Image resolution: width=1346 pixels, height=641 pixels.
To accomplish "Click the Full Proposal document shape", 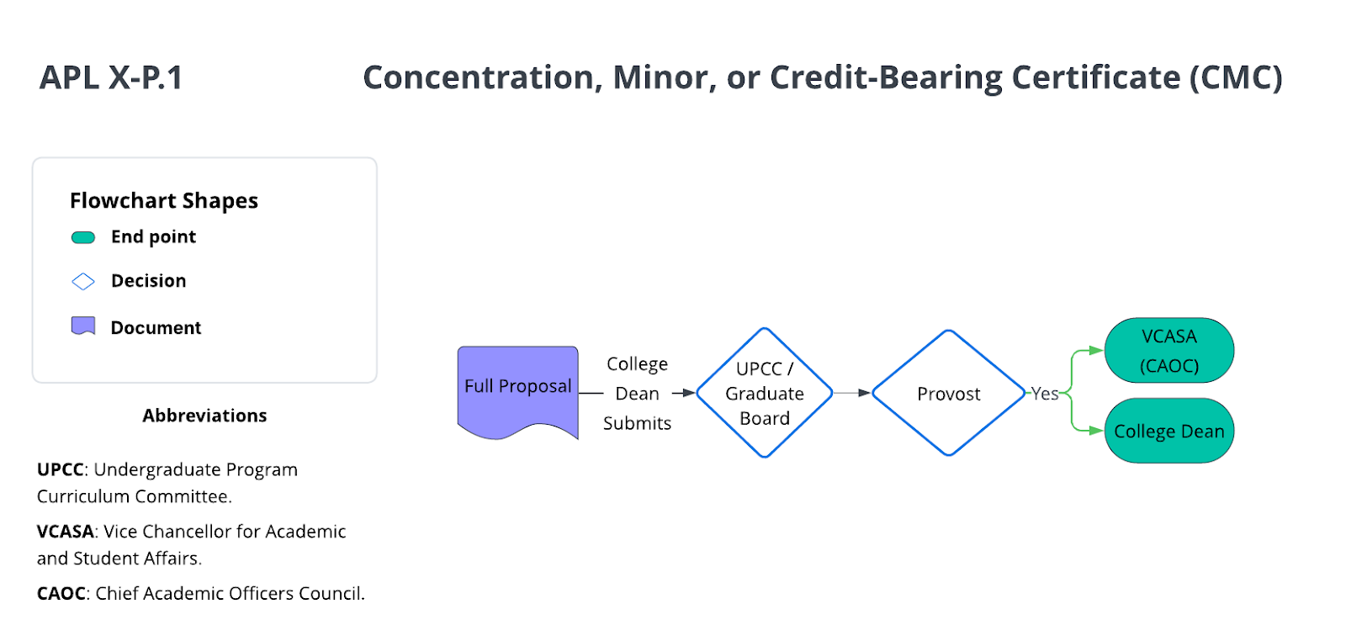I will click(517, 387).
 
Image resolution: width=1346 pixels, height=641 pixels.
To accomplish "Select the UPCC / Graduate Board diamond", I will click(764, 393).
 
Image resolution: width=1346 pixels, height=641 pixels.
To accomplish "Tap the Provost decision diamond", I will click(948, 393).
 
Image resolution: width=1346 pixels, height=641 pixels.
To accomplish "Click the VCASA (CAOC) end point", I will click(1168, 350).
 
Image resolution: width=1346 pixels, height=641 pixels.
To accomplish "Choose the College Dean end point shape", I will click(1168, 431).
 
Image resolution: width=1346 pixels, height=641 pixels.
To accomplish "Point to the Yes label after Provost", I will click(1045, 394).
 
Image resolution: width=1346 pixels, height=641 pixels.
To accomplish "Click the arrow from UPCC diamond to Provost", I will click(852, 393).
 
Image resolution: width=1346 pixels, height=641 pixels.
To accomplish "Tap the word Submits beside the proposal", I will click(637, 423).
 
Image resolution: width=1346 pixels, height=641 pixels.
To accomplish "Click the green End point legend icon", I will click(83, 237).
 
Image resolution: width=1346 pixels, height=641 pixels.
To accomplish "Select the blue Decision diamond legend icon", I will click(83, 281).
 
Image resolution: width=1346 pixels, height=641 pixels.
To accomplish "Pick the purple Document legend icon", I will click(83, 326).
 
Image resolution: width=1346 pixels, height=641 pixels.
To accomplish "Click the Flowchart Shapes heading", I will click(164, 200).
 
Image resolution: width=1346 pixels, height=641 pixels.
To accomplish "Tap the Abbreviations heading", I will click(204, 416).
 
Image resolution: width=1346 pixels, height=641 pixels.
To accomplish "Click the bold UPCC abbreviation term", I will click(60, 469).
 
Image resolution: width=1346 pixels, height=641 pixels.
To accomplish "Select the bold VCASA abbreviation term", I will click(65, 532).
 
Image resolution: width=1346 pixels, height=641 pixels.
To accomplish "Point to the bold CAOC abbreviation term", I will click(61, 594).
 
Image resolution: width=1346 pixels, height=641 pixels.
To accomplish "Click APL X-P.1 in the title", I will click(111, 77).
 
